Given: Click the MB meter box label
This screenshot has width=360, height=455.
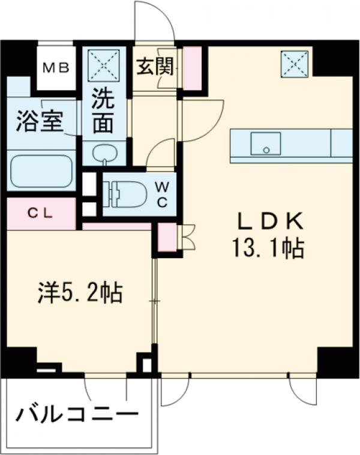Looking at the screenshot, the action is coord(56,68).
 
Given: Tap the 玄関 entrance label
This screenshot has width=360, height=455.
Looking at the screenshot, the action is coord(155,67).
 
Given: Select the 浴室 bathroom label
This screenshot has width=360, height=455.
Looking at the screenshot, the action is coord(40,122).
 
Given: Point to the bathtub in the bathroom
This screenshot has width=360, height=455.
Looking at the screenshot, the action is coord(41,172).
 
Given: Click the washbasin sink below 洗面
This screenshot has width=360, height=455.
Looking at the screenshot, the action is coord(104,152).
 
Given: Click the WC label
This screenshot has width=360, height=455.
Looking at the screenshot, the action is coord(163,194).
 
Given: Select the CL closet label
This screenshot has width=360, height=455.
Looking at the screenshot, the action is coord(41,214).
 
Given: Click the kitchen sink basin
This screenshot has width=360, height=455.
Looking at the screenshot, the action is coord(266,143).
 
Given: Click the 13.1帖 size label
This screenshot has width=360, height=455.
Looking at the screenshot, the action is coord(268,248).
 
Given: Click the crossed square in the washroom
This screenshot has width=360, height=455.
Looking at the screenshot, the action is coord(104,64).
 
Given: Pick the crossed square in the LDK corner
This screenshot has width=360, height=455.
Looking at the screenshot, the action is coord(295,64).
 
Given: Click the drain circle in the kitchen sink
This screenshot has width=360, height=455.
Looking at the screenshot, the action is coord(266,150).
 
